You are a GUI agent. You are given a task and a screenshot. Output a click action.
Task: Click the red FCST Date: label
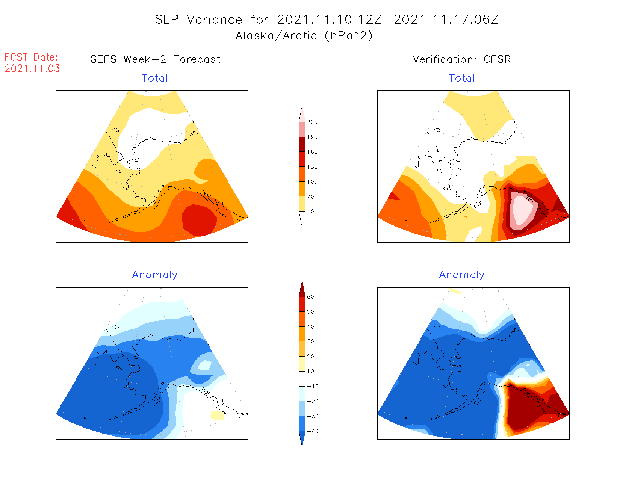point(31,57)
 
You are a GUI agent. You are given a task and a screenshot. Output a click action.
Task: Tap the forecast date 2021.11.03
point(32,69)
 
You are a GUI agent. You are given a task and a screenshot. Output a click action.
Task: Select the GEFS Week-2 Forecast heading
point(155,59)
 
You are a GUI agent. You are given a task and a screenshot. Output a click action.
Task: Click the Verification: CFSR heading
point(461,59)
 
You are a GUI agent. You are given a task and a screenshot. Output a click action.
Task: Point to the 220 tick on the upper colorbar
point(312,122)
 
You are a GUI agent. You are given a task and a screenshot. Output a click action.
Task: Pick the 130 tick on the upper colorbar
point(312,167)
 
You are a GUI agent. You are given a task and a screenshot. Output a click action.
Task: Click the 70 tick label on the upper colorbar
point(310,196)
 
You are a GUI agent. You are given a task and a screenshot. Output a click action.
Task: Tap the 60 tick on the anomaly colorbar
point(310,297)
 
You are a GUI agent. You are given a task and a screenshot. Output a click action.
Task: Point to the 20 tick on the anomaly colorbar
point(310,357)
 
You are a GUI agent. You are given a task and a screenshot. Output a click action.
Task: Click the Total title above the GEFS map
point(155,78)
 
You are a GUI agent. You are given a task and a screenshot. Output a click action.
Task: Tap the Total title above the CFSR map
point(462,78)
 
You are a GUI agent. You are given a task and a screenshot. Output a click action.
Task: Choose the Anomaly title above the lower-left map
point(154,275)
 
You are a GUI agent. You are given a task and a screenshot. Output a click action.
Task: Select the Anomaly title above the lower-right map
point(462,275)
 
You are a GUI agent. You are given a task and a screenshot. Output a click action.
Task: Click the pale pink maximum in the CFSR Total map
point(523,210)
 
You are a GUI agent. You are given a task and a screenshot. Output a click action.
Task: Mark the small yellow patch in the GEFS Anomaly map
point(217,415)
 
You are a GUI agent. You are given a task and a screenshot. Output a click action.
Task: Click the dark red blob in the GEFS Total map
point(199,220)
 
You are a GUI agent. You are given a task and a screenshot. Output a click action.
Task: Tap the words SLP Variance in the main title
point(199,20)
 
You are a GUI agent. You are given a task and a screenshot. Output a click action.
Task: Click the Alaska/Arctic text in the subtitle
point(276,36)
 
